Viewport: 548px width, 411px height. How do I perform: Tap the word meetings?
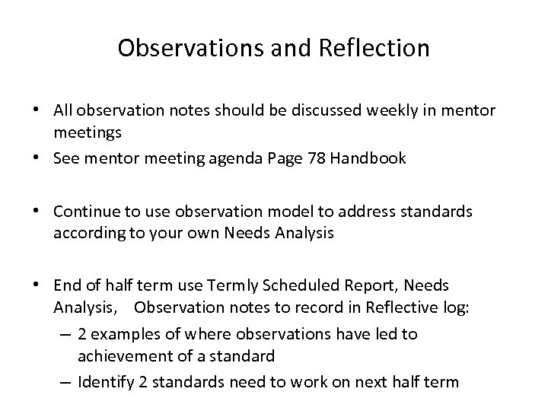tap(86, 133)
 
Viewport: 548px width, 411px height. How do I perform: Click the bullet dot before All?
tap(37, 110)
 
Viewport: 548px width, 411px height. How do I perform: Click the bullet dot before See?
tap(37, 158)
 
